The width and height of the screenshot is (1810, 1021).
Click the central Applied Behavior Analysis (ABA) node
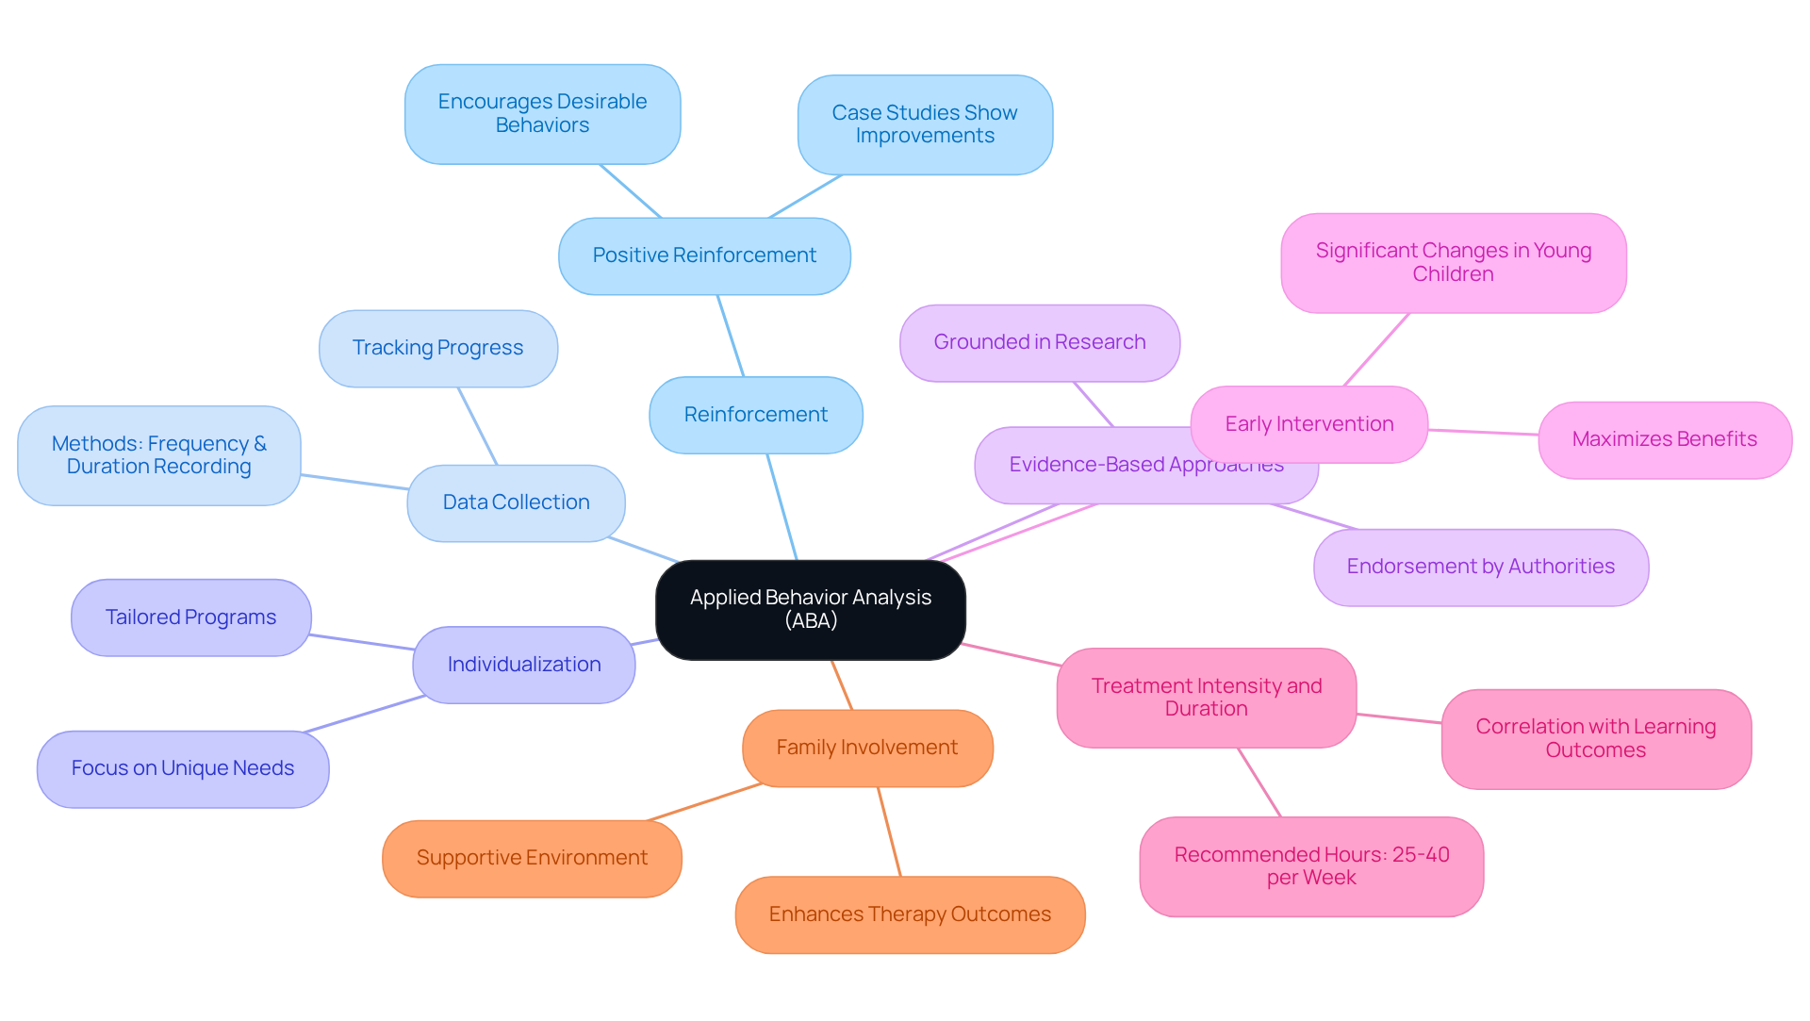click(810, 609)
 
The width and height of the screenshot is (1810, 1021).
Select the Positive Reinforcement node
click(704, 255)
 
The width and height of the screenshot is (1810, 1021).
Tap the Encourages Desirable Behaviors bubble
click(542, 113)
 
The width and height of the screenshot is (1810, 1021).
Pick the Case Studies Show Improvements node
click(924, 124)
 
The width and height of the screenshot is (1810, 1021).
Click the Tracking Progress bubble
click(437, 348)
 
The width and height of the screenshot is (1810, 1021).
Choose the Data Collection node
click(516, 502)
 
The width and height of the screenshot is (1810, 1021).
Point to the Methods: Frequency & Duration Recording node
click(158, 455)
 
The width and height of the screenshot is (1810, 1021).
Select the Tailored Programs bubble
click(190, 618)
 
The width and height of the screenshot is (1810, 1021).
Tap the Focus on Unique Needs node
click(182, 768)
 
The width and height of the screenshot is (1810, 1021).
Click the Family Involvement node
click(866, 748)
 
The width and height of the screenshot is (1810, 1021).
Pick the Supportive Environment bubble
click(532, 858)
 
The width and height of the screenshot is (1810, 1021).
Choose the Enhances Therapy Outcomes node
click(910, 914)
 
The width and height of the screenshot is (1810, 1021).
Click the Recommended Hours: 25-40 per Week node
click(1311, 866)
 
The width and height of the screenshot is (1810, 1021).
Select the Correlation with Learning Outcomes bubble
click(1595, 738)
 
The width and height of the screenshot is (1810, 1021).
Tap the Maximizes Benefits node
click(1664, 439)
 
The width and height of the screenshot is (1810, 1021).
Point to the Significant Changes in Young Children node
click(1453, 262)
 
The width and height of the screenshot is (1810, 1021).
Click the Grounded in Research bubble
click(1039, 342)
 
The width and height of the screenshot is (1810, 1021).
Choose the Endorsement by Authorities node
click(1480, 567)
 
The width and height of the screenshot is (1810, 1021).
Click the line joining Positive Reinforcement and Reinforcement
click(731, 336)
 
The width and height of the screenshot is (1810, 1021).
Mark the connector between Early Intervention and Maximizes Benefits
click(1483, 432)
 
